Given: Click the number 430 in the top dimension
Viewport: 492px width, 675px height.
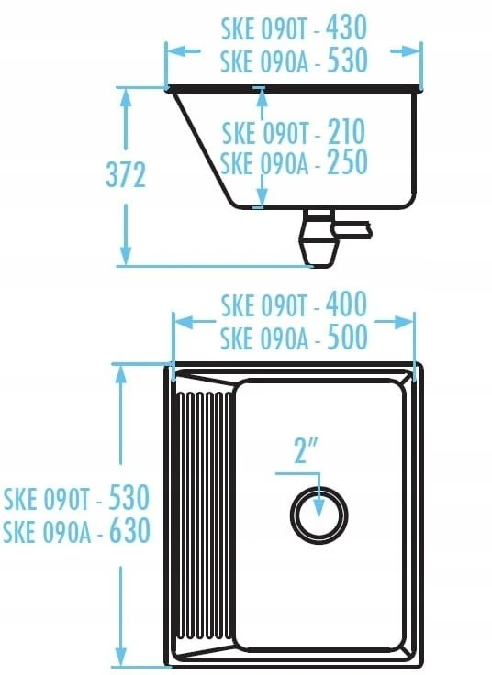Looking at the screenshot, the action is coord(346,28).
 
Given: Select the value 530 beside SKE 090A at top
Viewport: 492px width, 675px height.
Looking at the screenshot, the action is coord(348,60).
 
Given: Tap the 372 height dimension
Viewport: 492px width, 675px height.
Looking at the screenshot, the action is coord(126,175).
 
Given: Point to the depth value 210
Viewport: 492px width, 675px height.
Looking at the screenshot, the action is coord(346,132).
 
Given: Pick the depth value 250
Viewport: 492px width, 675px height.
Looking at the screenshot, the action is coord(348,161).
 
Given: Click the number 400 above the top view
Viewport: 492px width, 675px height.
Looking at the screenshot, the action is coord(346,304).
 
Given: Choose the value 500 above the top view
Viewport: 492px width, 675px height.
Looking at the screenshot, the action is coord(348,337).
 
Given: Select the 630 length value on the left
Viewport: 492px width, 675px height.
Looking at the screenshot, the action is coord(129,530).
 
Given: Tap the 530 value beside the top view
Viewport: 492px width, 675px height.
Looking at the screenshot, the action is coord(129,497).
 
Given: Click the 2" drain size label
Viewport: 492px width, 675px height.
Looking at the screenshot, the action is coord(306,450).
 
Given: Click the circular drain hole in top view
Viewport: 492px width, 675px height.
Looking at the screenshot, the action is coord(319,515).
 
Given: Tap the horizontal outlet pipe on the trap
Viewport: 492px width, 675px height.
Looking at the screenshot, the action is coord(352,229).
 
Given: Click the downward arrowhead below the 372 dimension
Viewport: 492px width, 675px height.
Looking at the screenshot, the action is coord(126,255).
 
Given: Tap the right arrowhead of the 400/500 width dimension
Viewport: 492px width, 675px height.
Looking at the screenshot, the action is coord(403,322).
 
